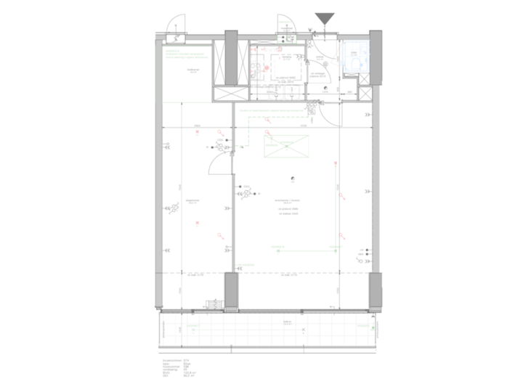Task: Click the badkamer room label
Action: [x=193, y=71]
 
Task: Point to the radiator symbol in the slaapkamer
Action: [x=175, y=210]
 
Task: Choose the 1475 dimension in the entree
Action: [x=325, y=92]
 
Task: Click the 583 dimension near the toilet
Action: [x=349, y=92]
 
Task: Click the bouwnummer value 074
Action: [x=187, y=359]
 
